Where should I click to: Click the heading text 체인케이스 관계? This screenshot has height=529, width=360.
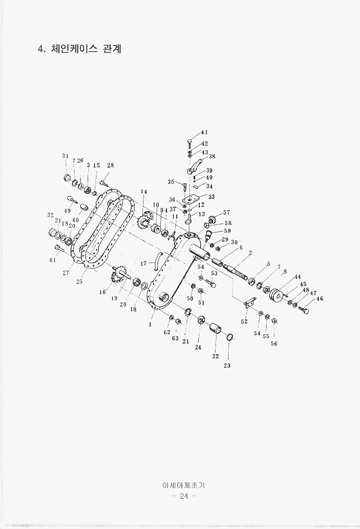click(86, 49)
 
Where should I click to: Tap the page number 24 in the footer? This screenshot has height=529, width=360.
click(184, 496)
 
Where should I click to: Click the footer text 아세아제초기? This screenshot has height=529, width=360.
click(184, 485)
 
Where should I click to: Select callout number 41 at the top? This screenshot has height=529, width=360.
click(205, 132)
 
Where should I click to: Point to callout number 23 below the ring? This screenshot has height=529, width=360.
click(227, 366)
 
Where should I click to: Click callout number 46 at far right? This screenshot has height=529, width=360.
click(319, 299)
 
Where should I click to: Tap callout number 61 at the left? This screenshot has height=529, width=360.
click(53, 260)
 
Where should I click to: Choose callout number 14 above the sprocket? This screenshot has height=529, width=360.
click(144, 192)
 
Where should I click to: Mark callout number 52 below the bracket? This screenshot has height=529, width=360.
click(244, 322)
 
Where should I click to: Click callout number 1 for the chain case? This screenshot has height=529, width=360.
click(150, 324)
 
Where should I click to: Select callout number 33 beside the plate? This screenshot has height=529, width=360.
click(212, 197)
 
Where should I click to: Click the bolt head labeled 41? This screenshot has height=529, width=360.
click(190, 140)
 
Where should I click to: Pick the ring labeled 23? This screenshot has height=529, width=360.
click(230, 336)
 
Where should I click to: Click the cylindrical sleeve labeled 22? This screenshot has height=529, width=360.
click(215, 328)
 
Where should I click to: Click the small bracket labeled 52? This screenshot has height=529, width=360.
click(249, 302)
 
